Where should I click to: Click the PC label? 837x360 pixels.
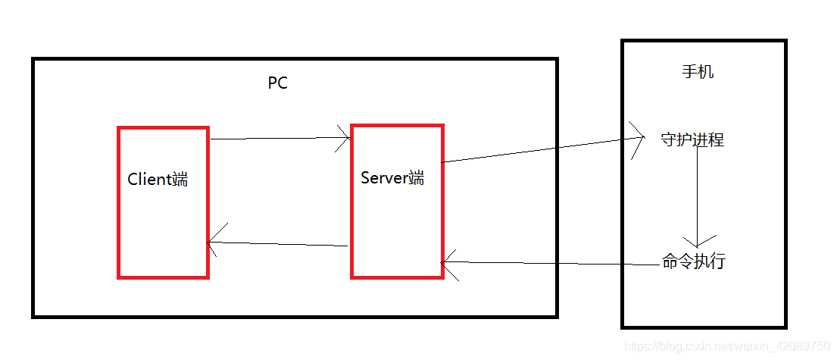pos(278,83)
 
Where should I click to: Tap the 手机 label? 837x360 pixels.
pos(698,72)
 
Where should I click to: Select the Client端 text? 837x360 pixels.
pos(158,180)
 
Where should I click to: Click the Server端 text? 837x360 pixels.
pos(392,178)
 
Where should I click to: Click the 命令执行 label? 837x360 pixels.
pos(693,262)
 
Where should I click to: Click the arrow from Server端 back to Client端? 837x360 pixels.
pos(278,244)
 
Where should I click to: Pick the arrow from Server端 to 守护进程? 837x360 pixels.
pos(542,150)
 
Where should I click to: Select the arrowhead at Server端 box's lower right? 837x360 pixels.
pos(450,262)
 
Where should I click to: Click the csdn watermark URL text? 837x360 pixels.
pos(727,346)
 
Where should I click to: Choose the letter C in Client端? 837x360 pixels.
pos(133,180)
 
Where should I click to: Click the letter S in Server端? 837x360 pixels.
pos(365,178)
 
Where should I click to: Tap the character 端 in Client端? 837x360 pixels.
pos(180,180)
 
